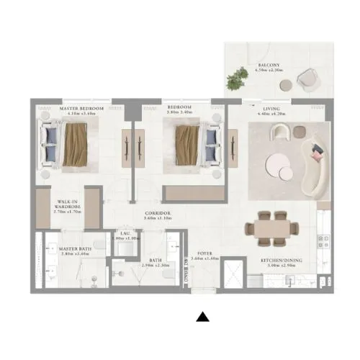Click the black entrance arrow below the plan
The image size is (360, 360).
[204, 316]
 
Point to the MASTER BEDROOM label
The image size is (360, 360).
[81, 108]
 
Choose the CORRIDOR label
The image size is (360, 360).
[156, 213]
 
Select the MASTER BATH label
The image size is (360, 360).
[73, 248]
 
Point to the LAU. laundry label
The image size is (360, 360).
[124, 234]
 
